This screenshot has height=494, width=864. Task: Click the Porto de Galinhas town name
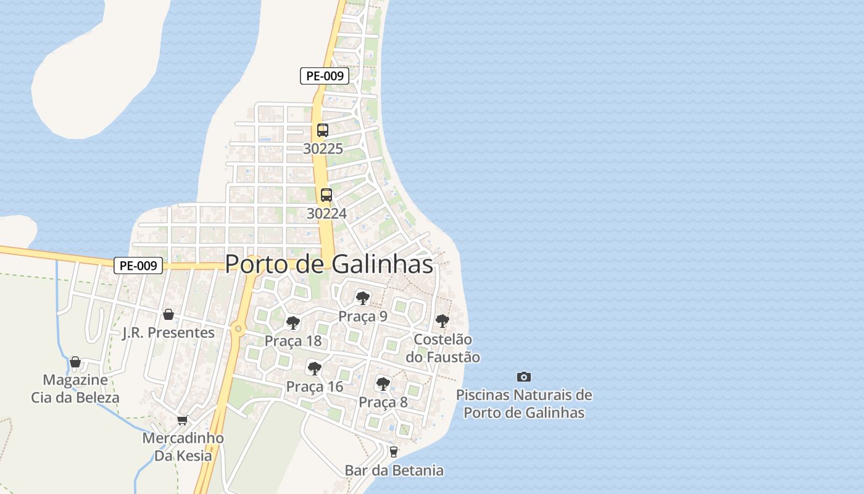(x=329, y=264)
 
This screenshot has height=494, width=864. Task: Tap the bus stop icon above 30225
(x=323, y=130)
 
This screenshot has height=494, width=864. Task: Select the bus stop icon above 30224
(x=326, y=195)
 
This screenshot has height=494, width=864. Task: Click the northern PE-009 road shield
(x=325, y=76)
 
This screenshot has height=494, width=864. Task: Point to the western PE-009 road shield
(x=138, y=266)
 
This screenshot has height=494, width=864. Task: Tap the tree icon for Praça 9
(x=362, y=299)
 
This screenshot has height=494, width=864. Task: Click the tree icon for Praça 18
(x=293, y=323)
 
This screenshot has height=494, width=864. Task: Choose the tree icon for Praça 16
(x=314, y=369)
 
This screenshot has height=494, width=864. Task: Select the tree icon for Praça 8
(x=383, y=384)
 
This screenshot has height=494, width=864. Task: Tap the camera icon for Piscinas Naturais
(x=523, y=377)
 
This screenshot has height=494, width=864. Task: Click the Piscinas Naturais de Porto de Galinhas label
(x=524, y=404)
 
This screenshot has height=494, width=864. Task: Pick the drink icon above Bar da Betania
(x=394, y=452)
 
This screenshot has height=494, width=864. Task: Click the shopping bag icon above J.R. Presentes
(x=168, y=315)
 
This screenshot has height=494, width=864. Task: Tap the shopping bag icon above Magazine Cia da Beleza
(x=75, y=362)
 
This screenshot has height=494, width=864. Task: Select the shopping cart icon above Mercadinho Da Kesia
(x=182, y=421)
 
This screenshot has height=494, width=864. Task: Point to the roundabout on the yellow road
(x=238, y=329)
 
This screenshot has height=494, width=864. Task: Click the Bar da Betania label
(x=394, y=471)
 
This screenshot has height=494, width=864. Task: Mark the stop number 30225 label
(x=323, y=149)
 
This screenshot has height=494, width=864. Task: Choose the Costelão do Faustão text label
(x=442, y=348)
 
